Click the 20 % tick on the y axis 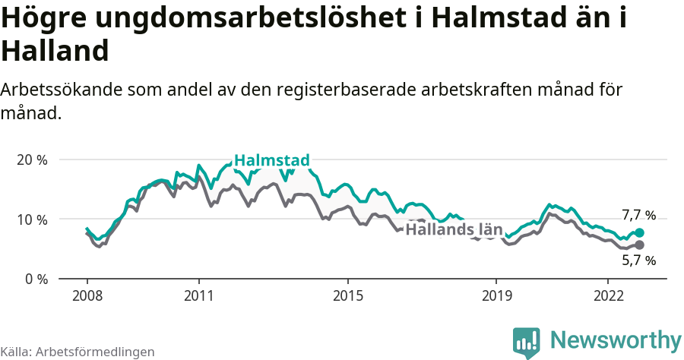tap(32, 160)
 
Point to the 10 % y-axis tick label tap(32, 219)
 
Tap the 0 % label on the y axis tap(36, 279)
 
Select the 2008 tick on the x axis tap(87, 295)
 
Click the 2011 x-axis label tap(198, 295)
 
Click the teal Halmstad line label tap(271, 160)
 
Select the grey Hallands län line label tap(454, 229)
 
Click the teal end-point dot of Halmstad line tap(639, 232)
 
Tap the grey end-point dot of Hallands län tap(639, 245)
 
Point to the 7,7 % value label tap(638, 215)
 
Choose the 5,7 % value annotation tap(638, 261)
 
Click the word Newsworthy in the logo tap(616, 339)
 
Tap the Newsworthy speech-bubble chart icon tap(527, 342)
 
